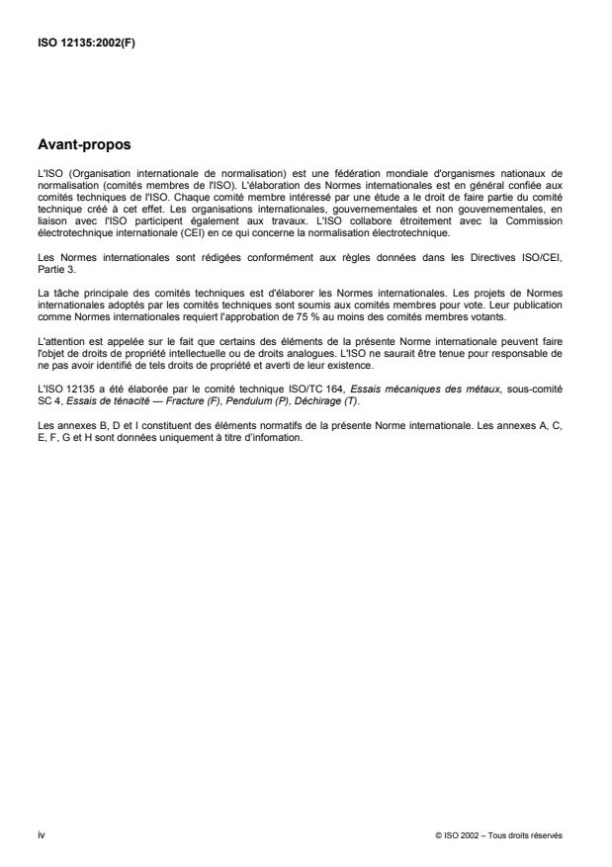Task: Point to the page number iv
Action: [x=41, y=834]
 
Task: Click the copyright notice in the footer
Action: [x=498, y=834]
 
